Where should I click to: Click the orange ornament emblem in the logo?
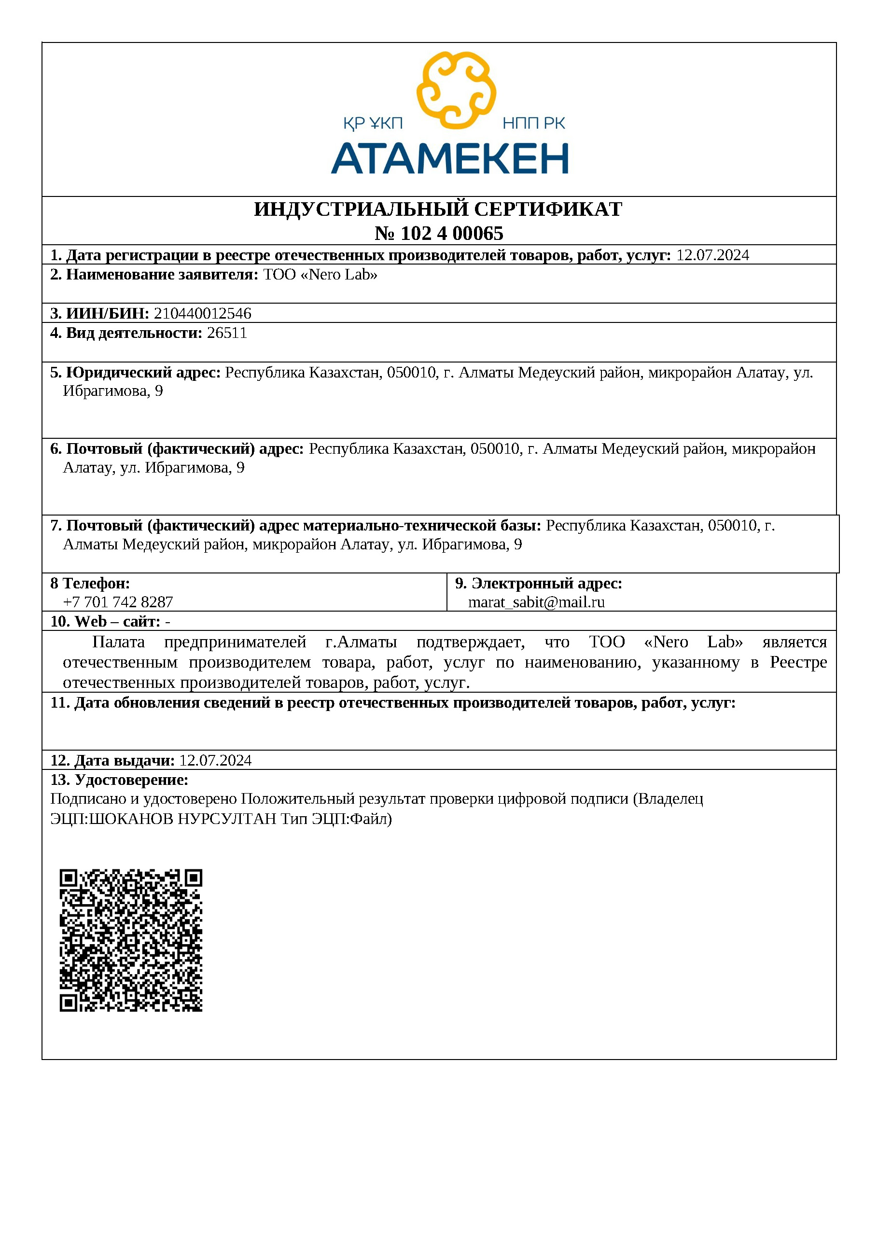coord(456,90)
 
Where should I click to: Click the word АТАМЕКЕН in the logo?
coord(449,158)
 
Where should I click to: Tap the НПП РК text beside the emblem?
coord(533,124)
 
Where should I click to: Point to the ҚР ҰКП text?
coord(373,124)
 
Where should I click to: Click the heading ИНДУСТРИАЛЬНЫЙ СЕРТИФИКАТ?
coord(438,209)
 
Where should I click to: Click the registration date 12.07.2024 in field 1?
coord(712,255)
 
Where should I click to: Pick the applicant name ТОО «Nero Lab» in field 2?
coord(320,275)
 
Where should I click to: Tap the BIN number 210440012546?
coord(203,314)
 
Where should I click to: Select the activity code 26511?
coord(227,333)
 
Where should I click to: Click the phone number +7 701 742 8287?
coord(118,602)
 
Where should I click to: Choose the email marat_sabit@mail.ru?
coord(536,602)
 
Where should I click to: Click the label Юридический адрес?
coord(143,373)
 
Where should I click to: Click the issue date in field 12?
coord(215,761)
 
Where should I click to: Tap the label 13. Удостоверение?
coord(119,780)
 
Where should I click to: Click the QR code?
coord(131,941)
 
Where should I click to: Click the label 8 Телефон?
coord(90,583)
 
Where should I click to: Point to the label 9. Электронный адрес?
coord(539,583)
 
